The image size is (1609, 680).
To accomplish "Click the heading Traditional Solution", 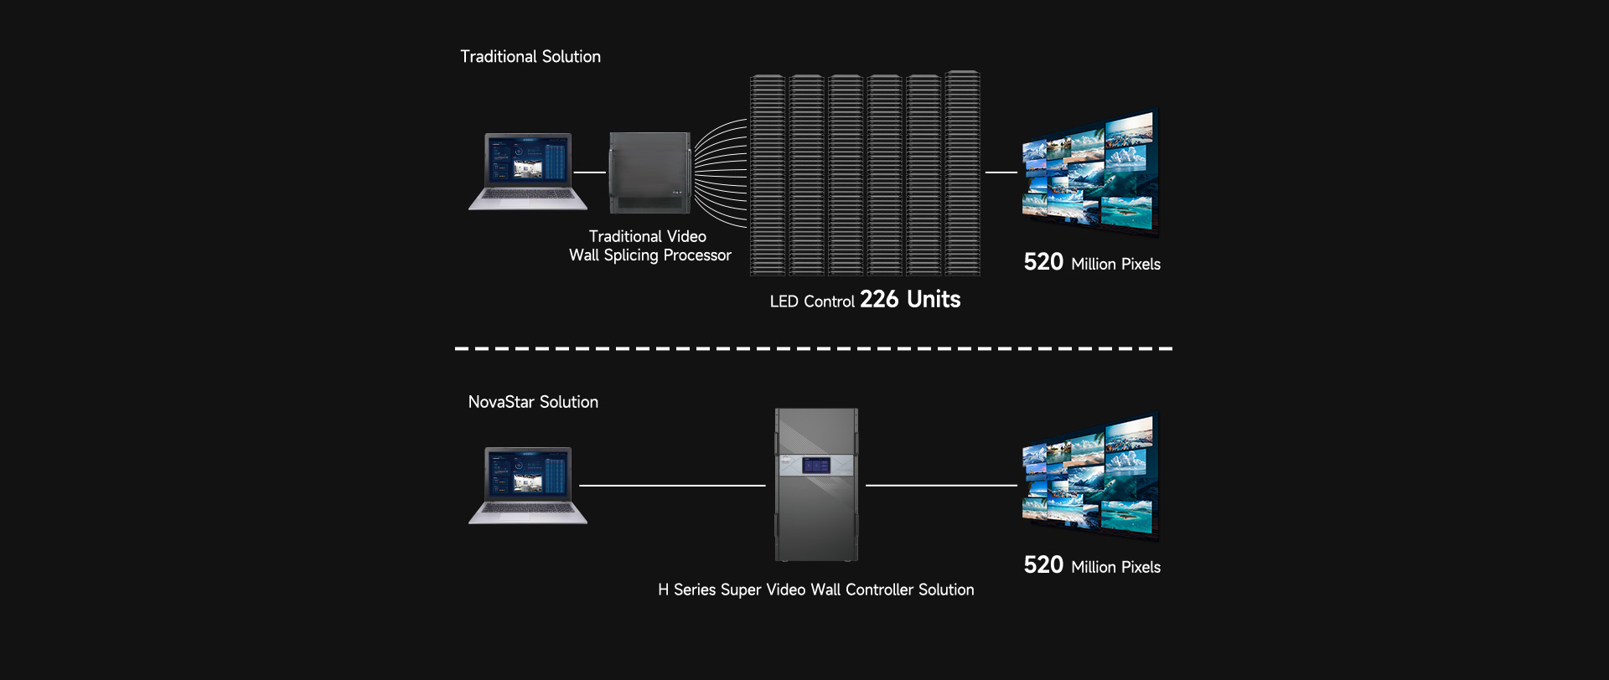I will point(530,57).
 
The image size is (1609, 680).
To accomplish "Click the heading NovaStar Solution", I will point(533,402).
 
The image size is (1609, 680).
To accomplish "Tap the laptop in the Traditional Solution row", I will point(528,172).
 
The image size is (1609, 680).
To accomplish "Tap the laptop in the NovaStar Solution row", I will point(528,486).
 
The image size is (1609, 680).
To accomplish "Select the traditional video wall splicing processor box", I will point(649,173).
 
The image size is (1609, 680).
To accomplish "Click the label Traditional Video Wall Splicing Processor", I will point(649,246).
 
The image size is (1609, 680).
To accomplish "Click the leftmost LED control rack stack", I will point(768,175).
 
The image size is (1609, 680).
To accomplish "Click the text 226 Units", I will point(910,299).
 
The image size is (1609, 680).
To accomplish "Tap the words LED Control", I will point(812,301).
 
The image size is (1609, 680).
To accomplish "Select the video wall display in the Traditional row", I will point(1089,172).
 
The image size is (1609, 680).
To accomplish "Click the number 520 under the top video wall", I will point(1043,262).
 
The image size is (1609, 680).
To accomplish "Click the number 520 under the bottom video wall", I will point(1043,565).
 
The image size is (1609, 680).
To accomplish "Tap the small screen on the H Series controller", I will point(815,465).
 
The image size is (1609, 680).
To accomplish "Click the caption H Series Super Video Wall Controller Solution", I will point(815,590).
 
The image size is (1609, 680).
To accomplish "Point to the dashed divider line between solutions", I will point(813,348).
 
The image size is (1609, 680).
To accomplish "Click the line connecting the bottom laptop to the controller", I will point(672,486).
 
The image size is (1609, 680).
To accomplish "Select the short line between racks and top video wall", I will point(1001,173).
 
